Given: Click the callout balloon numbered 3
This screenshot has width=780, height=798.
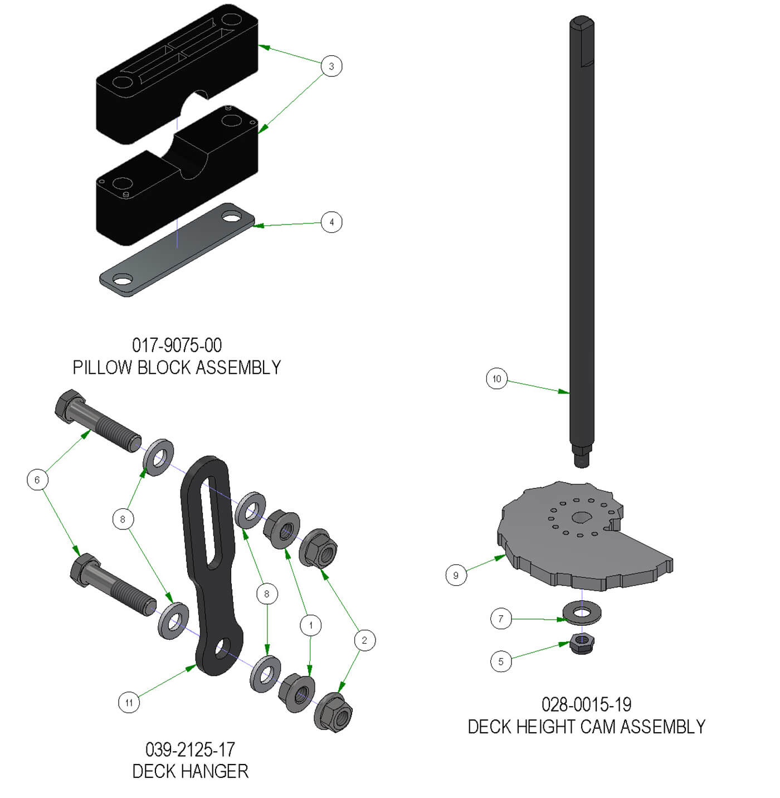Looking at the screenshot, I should (x=331, y=66).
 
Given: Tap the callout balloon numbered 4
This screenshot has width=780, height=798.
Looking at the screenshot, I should (x=331, y=222).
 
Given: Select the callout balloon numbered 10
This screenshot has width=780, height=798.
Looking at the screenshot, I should (x=496, y=379).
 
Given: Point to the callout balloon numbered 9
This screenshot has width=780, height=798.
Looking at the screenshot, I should (x=456, y=575).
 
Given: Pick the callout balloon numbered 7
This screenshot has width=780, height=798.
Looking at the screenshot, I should (x=500, y=619).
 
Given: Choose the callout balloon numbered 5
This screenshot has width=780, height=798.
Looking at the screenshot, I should (x=500, y=661).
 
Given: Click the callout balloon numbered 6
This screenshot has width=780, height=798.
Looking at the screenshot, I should (x=37, y=480).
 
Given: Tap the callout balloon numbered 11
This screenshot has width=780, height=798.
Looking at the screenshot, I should (x=129, y=702).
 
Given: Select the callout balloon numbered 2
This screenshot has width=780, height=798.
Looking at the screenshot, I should (x=364, y=640).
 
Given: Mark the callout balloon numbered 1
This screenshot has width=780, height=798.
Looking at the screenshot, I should (x=310, y=625).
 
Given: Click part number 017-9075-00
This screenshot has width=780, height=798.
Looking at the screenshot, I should (x=177, y=346).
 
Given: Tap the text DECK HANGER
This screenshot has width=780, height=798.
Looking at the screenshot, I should (x=190, y=771).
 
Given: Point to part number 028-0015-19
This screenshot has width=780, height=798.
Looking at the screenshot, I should (x=586, y=704).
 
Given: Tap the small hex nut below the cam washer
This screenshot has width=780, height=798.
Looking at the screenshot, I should (x=582, y=645).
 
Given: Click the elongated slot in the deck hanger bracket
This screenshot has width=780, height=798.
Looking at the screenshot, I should (x=211, y=513).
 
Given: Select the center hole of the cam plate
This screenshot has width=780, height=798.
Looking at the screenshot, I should (x=581, y=518).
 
